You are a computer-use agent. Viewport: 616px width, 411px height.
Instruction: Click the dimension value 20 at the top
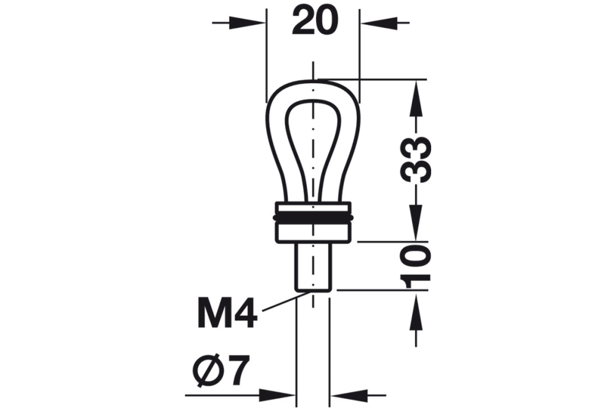tap(315, 22)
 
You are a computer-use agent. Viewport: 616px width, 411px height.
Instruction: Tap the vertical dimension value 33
tap(416, 160)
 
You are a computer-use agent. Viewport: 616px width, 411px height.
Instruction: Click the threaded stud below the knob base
tap(314, 265)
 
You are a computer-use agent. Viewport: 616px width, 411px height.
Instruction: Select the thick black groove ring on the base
tap(314, 219)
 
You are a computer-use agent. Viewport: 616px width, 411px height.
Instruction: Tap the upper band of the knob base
tap(314, 208)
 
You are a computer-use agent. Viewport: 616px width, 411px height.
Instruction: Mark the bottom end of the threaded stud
tap(314, 288)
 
